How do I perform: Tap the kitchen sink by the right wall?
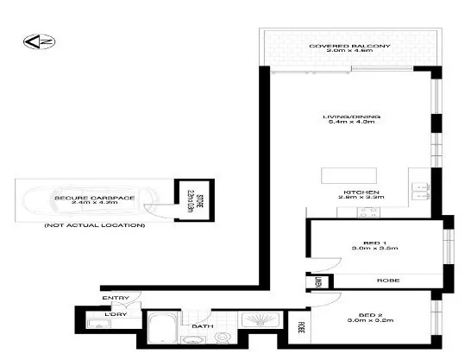coord(420,190)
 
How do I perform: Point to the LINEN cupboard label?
coord(317,281)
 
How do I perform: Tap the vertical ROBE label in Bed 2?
coord(303,329)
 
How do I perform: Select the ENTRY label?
coord(116,299)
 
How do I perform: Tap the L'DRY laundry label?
coord(115,314)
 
